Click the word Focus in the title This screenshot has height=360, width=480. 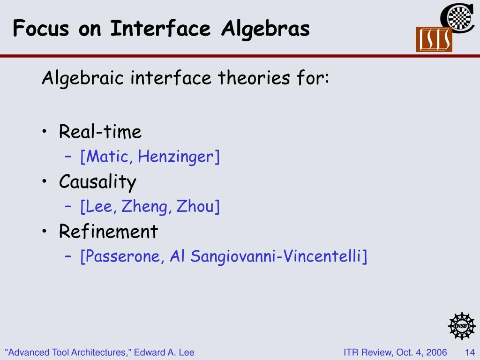pyautogui.click(x=41, y=29)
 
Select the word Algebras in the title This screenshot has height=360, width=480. pyautogui.click(x=265, y=29)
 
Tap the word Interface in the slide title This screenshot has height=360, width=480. pyautogui.click(x=160, y=28)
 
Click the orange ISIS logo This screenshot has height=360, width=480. pyautogui.click(x=434, y=39)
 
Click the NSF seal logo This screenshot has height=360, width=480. pyautogui.click(x=462, y=326)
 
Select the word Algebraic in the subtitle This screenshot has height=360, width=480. pyautogui.click(x=82, y=78)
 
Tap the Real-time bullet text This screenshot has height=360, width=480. pyautogui.click(x=100, y=132)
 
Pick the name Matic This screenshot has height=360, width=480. pyautogui.click(x=107, y=157)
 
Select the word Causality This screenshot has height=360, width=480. pyautogui.click(x=97, y=182)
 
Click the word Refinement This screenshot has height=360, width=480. pyautogui.click(x=108, y=232)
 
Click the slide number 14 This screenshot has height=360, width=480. pyautogui.click(x=470, y=352)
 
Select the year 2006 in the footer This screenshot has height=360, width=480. pyautogui.click(x=436, y=352)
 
